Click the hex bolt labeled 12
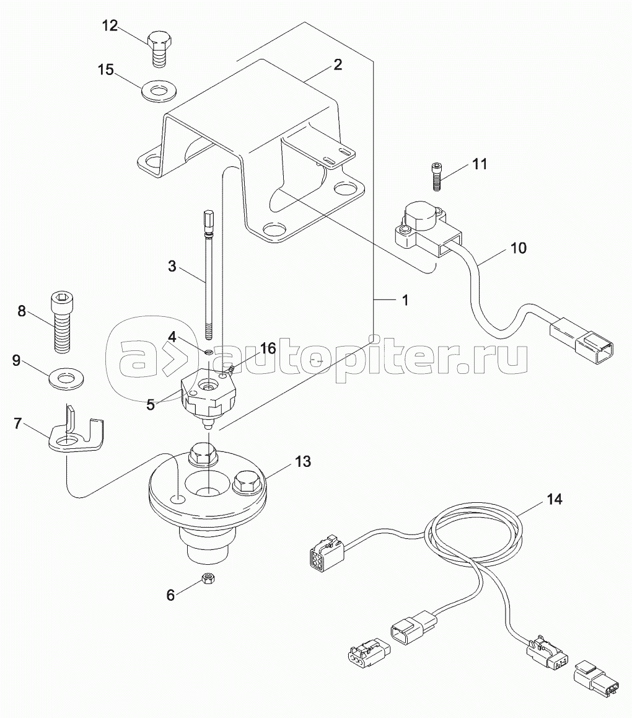click(160, 50)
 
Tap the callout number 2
click(337, 64)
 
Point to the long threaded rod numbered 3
click(208, 274)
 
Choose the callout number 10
click(518, 248)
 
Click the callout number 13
click(303, 461)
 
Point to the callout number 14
click(554, 499)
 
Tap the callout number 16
click(268, 348)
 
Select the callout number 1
click(405, 300)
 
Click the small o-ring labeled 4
click(208, 352)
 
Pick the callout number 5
click(150, 405)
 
